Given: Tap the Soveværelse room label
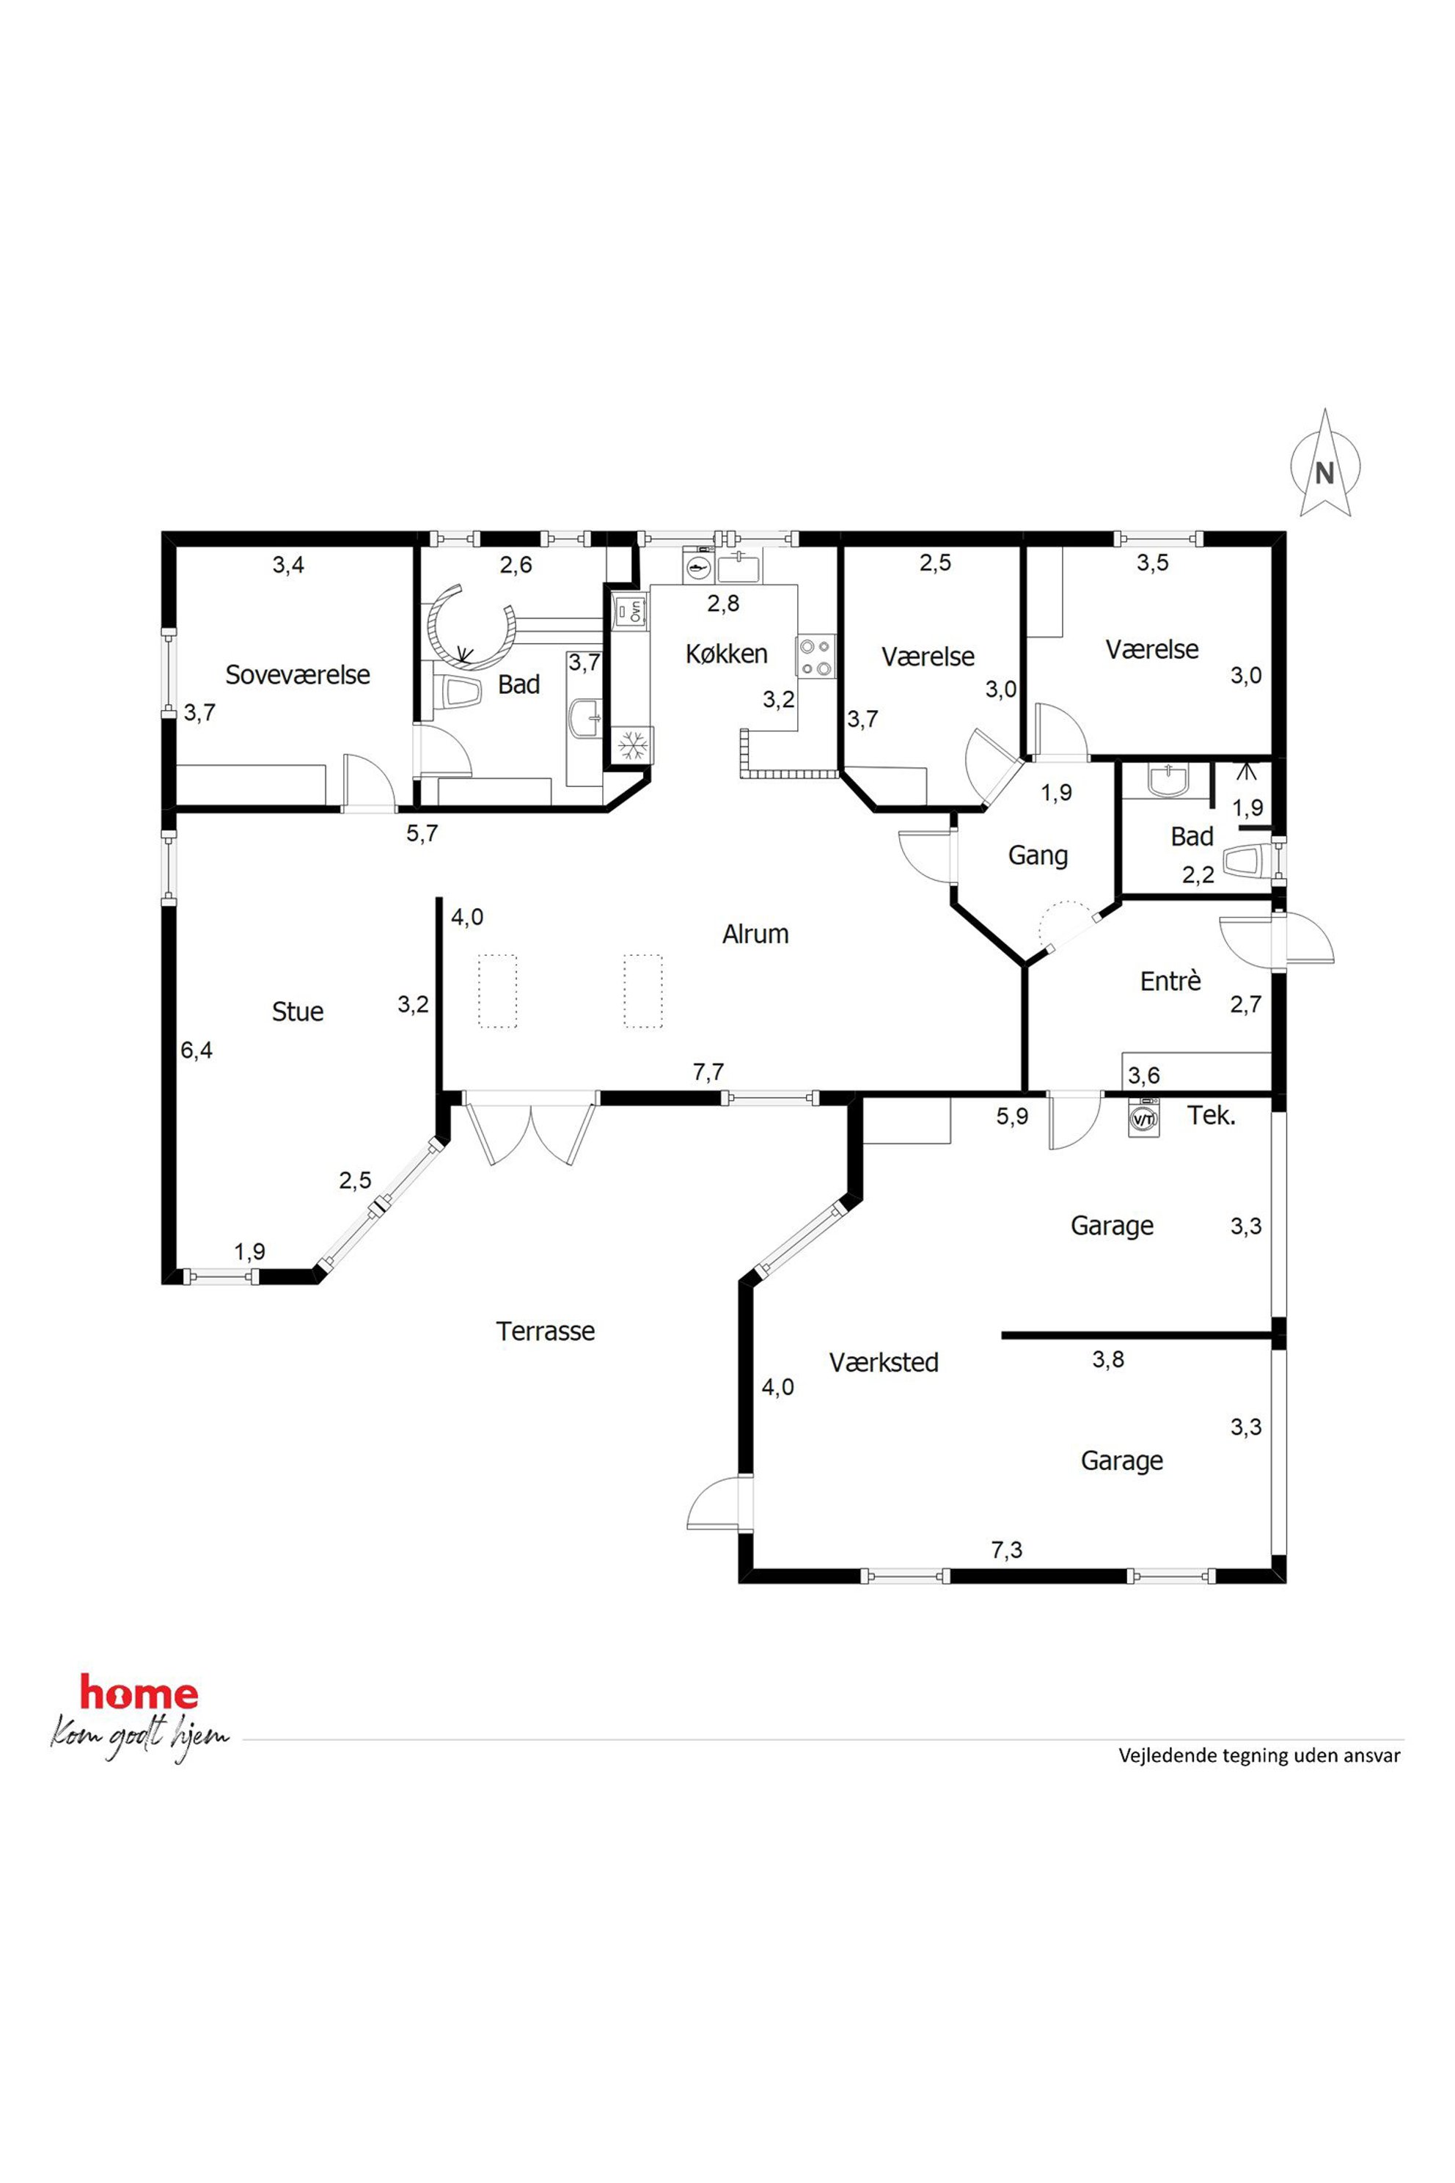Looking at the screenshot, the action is (298, 675).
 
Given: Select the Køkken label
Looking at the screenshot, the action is (727, 654).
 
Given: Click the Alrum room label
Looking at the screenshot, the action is (755, 934).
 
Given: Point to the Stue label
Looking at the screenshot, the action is (298, 1011).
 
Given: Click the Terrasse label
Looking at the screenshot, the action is (546, 1331).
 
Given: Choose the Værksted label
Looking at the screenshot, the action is (884, 1362).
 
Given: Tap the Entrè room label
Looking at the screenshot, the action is (1170, 981).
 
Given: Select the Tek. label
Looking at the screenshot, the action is (1212, 1115).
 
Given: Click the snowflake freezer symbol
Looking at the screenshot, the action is (633, 745).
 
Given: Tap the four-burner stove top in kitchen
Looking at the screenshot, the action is (816, 657).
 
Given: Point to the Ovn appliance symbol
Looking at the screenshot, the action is (629, 610).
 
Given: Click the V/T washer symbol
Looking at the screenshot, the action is (1143, 1119).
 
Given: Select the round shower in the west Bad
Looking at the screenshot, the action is (472, 626).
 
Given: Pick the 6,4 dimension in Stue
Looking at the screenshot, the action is (197, 1050).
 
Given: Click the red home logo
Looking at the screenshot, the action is (139, 1694).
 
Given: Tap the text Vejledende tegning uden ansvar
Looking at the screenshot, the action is (1259, 1755).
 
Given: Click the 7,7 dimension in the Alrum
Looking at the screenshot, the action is (708, 1072).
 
